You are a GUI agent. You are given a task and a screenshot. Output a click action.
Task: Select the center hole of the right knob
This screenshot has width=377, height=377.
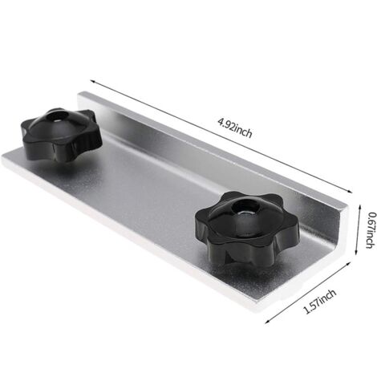[241, 210]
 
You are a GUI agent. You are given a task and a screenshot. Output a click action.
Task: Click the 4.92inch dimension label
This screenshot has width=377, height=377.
[235, 130]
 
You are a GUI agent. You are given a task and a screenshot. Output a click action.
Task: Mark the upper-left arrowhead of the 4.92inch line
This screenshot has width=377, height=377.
[91, 81]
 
